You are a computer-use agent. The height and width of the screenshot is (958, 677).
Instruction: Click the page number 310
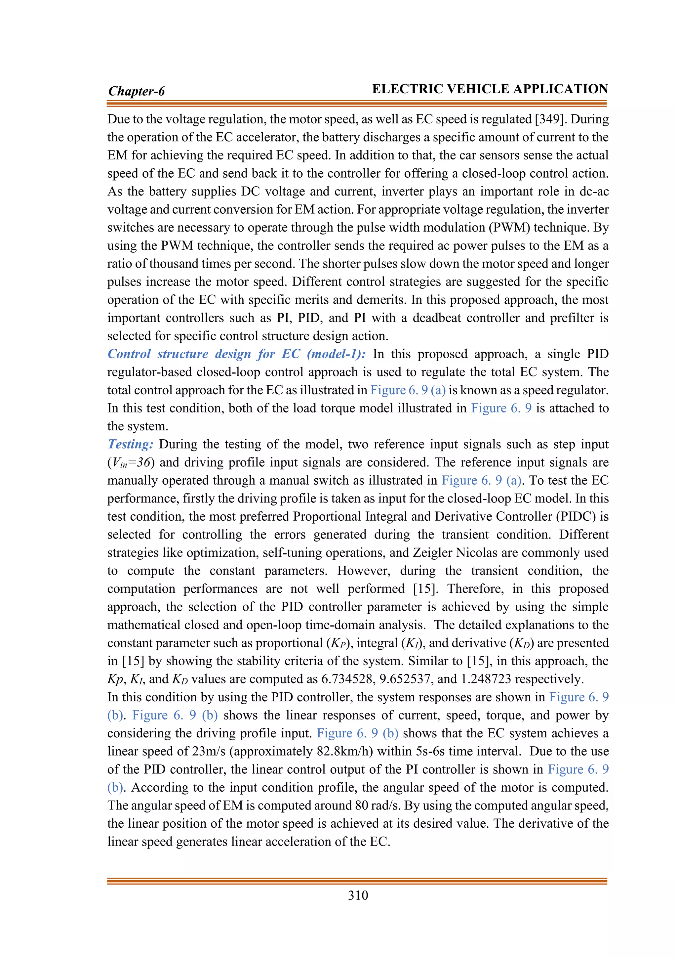(x=358, y=895)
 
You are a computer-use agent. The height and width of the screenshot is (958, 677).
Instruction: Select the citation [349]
(x=551, y=119)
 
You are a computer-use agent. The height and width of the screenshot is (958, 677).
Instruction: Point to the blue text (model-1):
(x=337, y=354)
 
